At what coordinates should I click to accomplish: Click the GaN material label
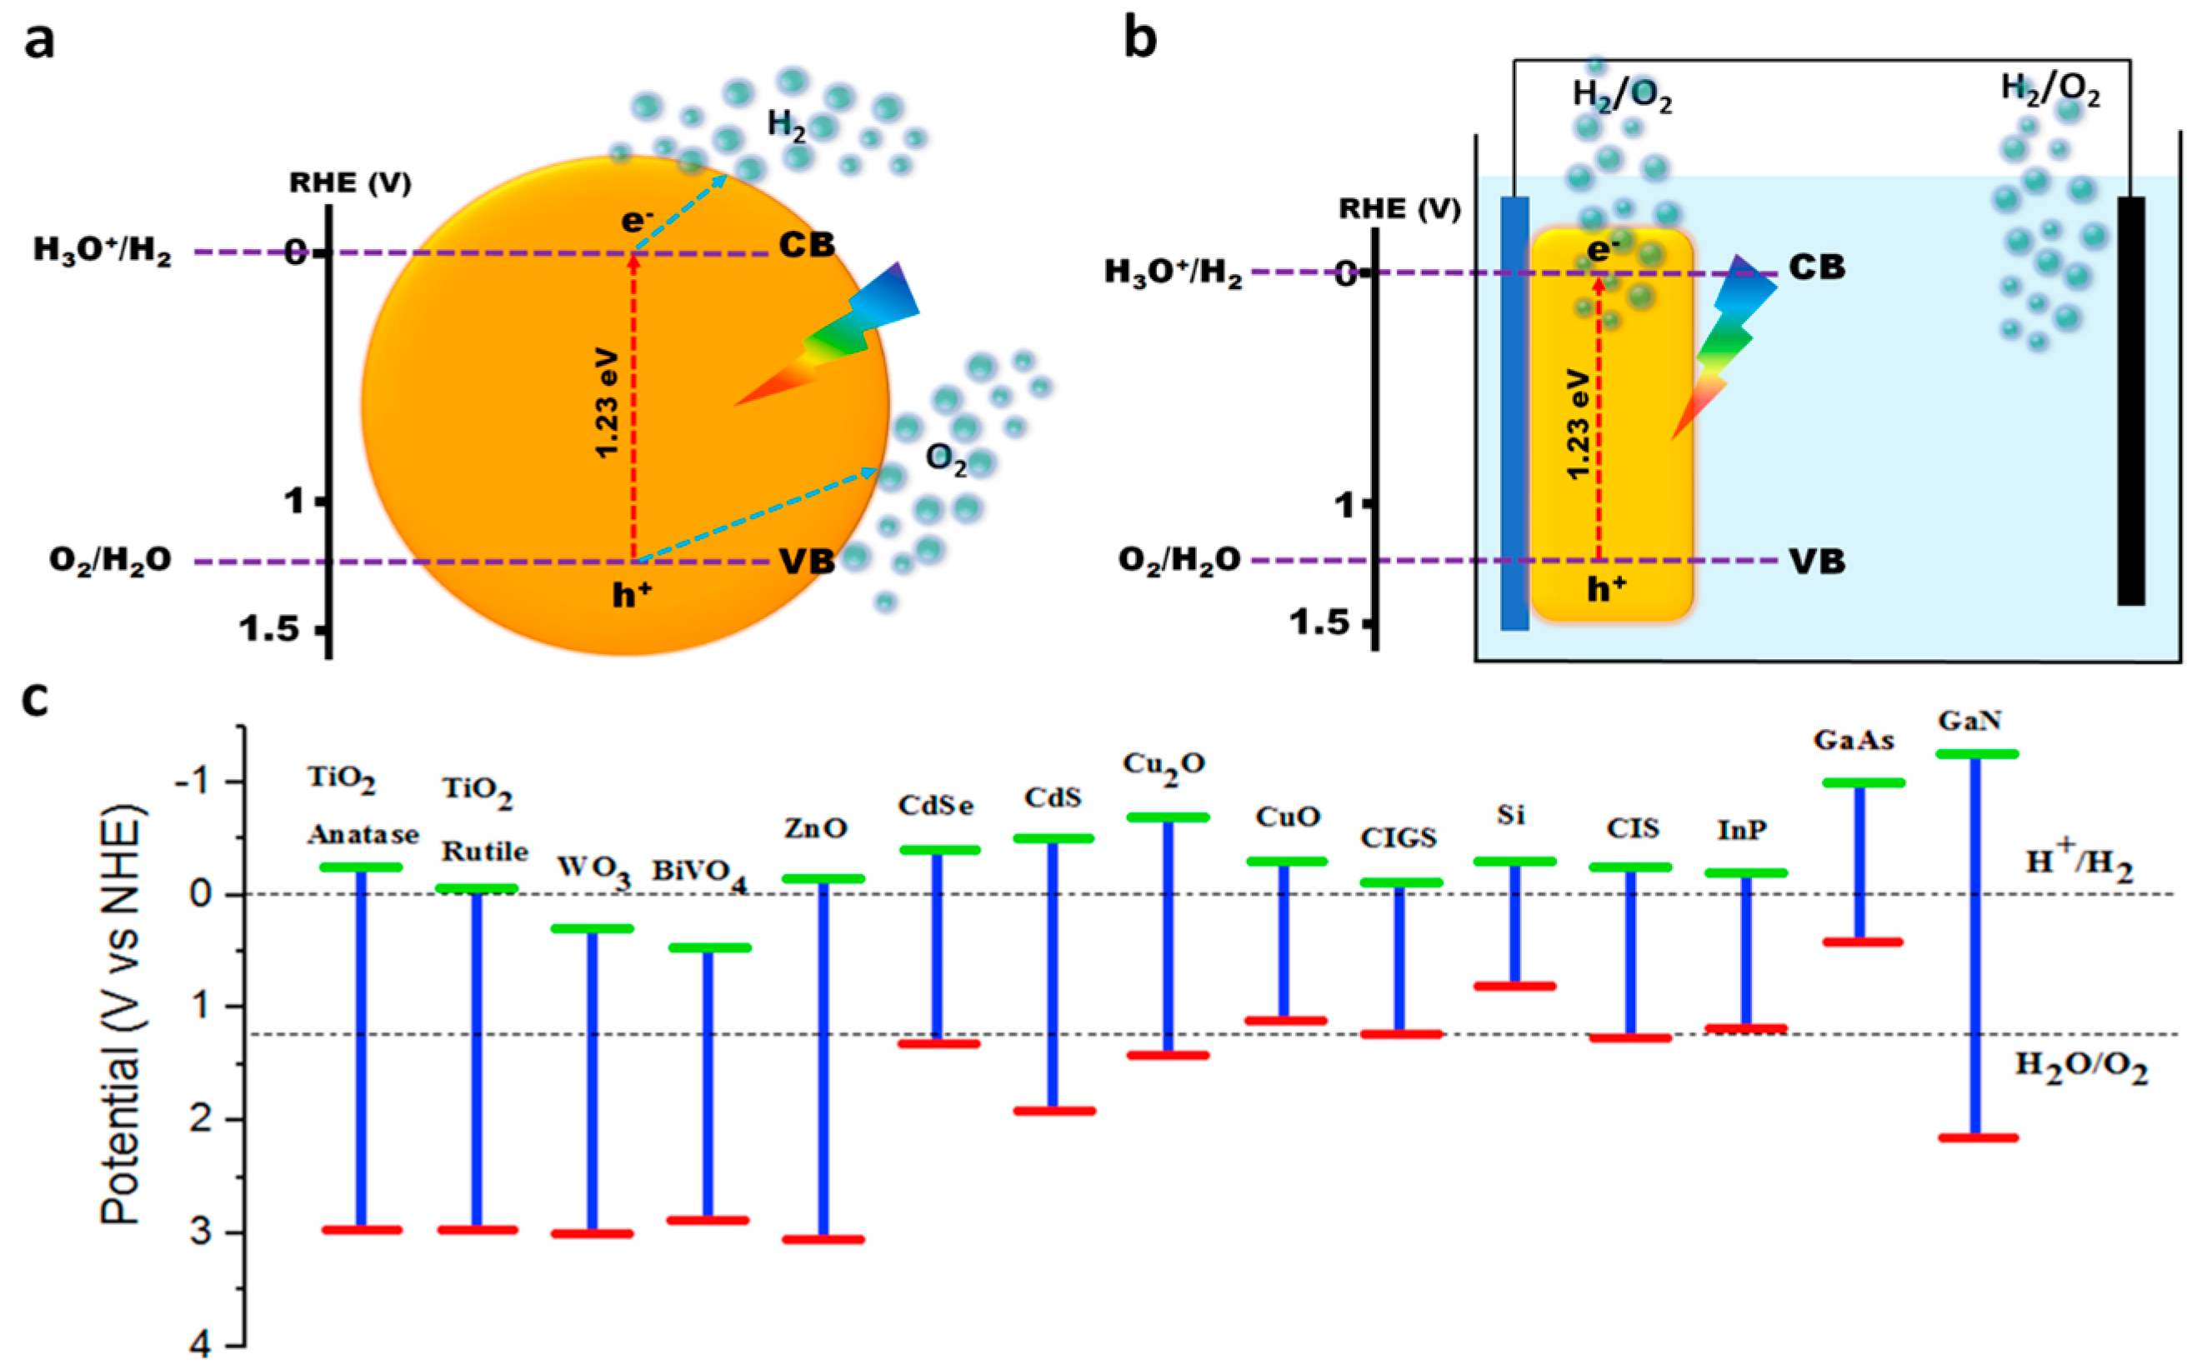pos(1969,722)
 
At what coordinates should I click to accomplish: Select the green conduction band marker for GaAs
pos(1863,782)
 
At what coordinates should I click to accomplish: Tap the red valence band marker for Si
pos(1514,986)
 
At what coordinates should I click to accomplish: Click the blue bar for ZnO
pos(823,1059)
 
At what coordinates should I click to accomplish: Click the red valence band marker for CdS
pos(1054,1110)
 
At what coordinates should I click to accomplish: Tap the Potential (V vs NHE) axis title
pos(123,1014)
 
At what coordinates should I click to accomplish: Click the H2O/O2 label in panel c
pos(2080,1066)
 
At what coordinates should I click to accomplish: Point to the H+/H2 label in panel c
pos(2078,862)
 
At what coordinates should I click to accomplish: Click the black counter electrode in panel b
pos(2130,400)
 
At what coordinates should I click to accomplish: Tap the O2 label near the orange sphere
pos(945,460)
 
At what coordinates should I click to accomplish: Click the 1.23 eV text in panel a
pos(608,403)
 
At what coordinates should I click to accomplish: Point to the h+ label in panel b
pos(1606,589)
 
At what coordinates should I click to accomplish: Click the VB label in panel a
pos(807,562)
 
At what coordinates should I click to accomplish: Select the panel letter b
pos(1139,41)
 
